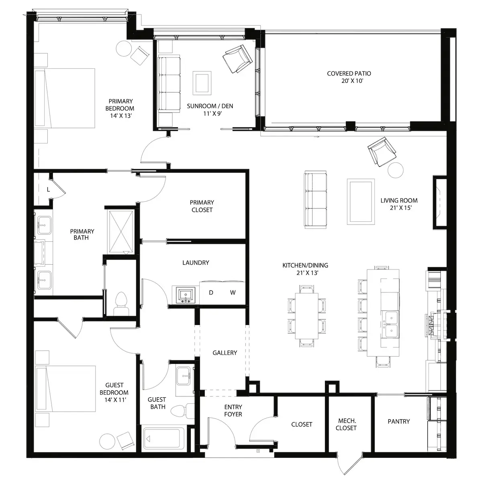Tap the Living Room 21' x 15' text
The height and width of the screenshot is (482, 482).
click(399, 204)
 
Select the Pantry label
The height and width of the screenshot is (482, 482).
click(399, 421)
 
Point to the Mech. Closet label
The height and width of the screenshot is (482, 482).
click(346, 424)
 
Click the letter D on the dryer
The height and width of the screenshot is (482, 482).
click(211, 292)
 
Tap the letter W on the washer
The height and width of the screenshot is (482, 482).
click(233, 292)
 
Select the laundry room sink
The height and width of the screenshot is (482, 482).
click(185, 295)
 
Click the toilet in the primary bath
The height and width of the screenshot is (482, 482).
click(122, 304)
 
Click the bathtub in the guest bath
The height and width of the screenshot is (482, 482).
click(164, 439)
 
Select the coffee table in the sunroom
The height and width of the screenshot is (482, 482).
click(202, 83)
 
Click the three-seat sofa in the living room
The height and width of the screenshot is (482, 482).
click(316, 200)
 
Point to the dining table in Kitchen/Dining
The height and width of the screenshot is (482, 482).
click(307, 316)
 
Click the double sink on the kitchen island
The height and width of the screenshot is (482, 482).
click(390, 325)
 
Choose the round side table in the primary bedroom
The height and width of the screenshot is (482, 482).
click(124, 49)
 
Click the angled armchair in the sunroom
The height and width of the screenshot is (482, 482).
click(237, 59)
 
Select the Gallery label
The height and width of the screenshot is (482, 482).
click(225, 353)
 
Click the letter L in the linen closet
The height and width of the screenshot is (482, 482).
click(49, 190)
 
